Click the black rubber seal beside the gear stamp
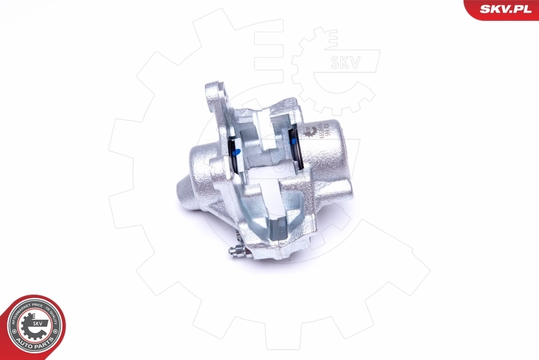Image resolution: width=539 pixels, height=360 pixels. click(296, 144)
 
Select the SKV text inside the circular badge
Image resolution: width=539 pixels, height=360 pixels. click(36, 323)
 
